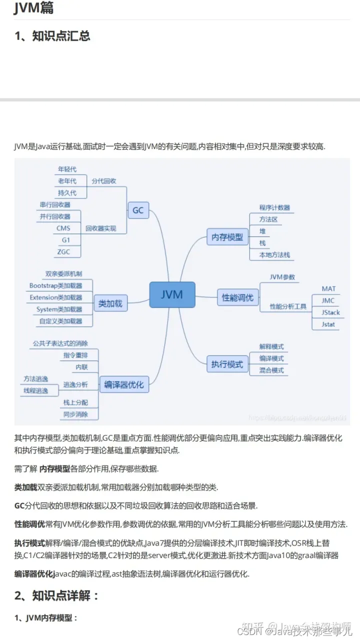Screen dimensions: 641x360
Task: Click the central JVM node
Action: (x=172, y=294)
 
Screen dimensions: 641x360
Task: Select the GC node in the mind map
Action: (x=138, y=210)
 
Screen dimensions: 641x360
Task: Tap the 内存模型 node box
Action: (x=227, y=237)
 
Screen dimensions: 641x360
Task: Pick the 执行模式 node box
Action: (x=227, y=364)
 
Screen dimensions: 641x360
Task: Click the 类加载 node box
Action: (x=110, y=303)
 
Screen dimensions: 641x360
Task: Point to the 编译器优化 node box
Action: (x=124, y=384)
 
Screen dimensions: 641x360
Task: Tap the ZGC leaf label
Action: (x=63, y=251)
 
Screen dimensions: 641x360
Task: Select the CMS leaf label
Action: (x=63, y=228)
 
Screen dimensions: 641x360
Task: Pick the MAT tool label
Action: (x=328, y=288)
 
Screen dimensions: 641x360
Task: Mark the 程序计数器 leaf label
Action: (x=274, y=207)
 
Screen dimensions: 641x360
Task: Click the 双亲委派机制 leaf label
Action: (x=63, y=273)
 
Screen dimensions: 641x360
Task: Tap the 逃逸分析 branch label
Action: (x=75, y=384)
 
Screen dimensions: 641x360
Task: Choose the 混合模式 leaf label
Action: (x=271, y=370)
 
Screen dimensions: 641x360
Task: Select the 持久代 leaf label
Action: (x=67, y=192)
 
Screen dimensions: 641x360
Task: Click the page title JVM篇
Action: (x=33, y=8)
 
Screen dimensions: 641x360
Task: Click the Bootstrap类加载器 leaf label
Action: (x=55, y=285)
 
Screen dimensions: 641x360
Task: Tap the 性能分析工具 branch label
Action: (x=288, y=306)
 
